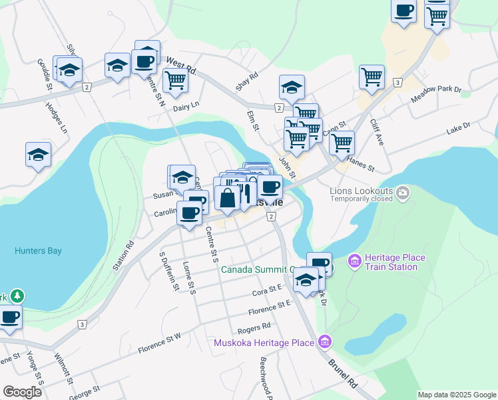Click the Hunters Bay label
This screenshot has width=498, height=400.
(38, 251)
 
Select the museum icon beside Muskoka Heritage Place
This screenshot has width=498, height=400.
(325, 343)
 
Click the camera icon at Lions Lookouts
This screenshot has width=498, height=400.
(402, 193)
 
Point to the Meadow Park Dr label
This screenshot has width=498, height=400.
(436, 94)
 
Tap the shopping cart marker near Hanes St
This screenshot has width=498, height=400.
(342, 141)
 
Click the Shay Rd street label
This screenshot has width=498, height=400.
(246, 83)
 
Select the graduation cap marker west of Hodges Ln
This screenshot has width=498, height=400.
(39, 155)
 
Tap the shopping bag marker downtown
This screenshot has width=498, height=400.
(227, 197)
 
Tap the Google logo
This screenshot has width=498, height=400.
(22, 392)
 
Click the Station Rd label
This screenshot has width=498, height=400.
(124, 256)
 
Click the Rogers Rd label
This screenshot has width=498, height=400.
(254, 327)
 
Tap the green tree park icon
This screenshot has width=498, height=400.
(17, 295)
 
